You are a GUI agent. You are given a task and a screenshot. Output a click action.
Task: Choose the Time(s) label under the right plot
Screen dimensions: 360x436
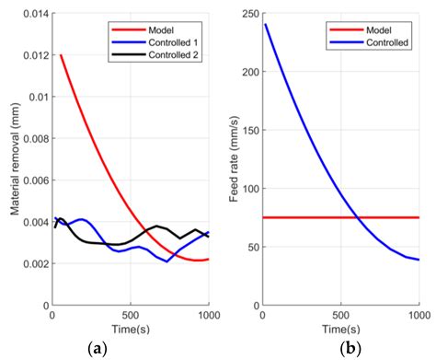tap(340, 330)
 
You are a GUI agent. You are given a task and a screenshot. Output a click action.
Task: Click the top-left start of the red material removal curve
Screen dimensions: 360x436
tap(61, 55)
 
